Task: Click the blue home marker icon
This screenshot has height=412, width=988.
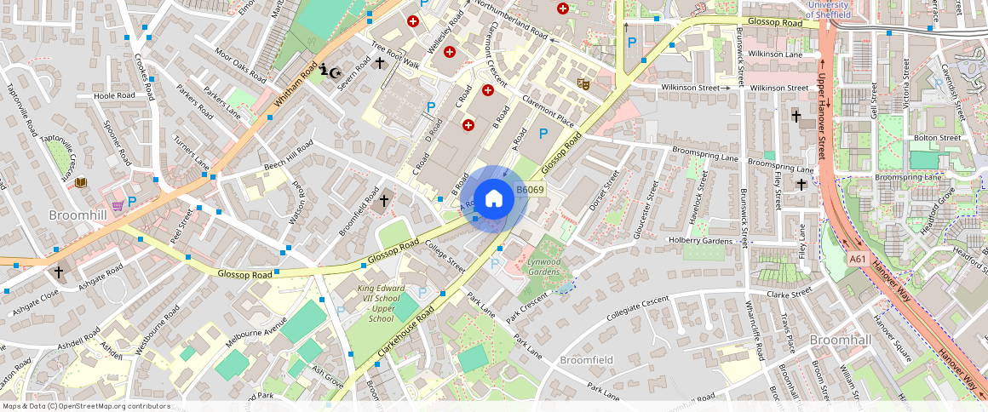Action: (493, 199)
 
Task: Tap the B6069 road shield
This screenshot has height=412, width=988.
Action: (530, 190)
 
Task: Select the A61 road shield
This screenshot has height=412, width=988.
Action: (858, 259)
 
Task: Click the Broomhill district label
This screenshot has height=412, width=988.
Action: (78, 215)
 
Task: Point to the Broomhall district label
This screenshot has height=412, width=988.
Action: (840, 340)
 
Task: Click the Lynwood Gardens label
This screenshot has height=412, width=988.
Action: (543, 267)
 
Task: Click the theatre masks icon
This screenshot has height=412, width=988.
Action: (583, 83)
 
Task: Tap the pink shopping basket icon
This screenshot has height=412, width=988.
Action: (117, 205)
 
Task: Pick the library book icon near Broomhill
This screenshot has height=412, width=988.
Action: (80, 182)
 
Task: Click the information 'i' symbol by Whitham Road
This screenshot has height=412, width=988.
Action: (325, 71)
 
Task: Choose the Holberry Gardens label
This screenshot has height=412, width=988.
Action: (701, 241)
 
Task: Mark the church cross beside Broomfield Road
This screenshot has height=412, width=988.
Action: (384, 201)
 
